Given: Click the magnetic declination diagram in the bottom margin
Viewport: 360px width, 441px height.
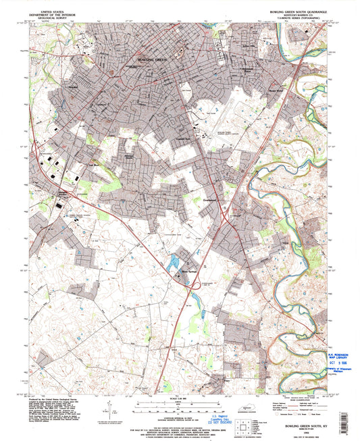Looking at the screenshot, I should coord(107,413).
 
